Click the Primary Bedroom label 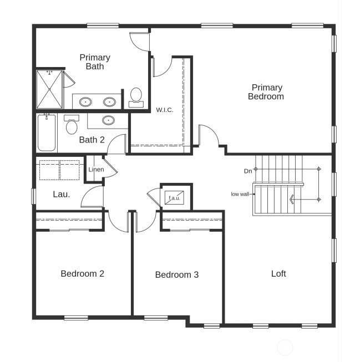click(267, 92)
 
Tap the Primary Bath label click(95, 62)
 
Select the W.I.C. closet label click(165, 110)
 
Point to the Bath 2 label click(92, 140)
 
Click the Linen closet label click(96, 169)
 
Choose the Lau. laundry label click(61, 194)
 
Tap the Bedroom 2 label click(82, 273)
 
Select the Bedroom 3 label click(176, 274)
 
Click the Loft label click(278, 273)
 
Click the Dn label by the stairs click(248, 171)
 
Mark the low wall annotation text click(240, 194)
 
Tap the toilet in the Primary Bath click(136, 96)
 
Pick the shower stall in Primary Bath click(49, 89)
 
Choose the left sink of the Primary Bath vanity click(85, 102)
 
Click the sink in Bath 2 click(108, 120)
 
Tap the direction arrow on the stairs click(292, 200)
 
